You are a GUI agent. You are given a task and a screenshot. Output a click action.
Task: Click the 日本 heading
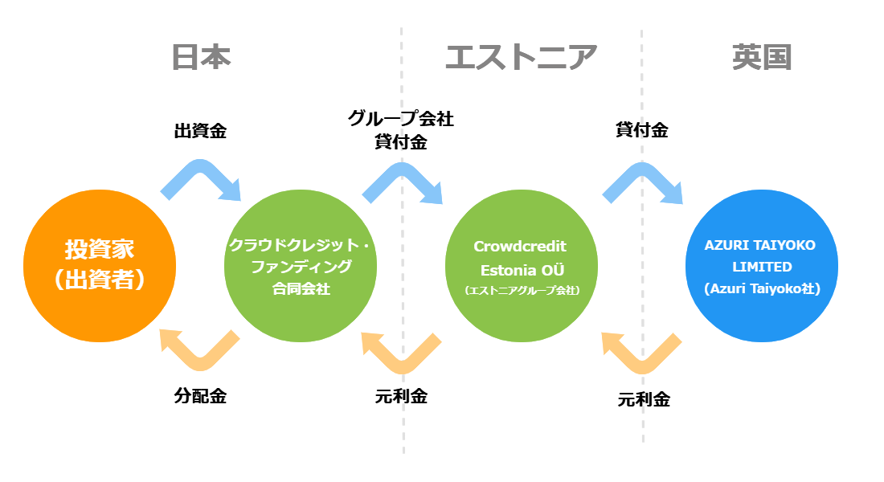201,58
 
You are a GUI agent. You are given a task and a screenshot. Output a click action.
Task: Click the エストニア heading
521,58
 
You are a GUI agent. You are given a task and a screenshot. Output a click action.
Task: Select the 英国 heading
762,58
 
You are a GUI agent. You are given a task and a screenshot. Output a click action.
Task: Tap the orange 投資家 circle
100,266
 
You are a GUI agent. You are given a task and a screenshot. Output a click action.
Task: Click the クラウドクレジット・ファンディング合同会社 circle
301,266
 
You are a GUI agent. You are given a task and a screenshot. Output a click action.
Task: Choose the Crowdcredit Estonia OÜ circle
522,266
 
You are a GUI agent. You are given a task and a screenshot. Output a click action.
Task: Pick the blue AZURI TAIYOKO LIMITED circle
762,266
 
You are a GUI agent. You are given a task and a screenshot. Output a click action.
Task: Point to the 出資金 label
200,132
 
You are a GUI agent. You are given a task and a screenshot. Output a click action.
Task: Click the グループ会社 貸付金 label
401,130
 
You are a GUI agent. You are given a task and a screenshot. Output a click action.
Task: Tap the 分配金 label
200,396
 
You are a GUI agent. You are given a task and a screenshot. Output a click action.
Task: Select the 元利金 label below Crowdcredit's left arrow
401,396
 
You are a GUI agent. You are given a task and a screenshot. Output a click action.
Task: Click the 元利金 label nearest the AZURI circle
644,400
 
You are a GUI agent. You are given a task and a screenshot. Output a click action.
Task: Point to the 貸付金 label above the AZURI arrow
641,130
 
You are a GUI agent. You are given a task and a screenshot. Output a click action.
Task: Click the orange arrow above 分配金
200,361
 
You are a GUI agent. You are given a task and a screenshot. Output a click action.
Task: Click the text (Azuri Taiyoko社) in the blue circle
762,288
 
